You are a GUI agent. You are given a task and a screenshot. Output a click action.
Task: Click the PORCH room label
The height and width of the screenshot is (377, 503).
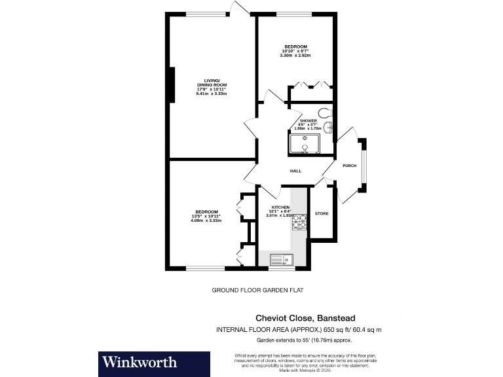tap(349, 166)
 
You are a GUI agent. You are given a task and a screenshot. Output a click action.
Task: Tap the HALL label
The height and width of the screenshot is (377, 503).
tap(295, 171)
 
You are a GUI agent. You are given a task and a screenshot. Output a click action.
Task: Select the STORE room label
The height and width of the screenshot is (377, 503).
tap(322, 214)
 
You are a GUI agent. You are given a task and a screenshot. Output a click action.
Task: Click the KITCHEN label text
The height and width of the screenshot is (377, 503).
tap(280, 207)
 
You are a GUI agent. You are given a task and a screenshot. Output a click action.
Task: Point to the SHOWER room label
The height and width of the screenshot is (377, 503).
tap(308, 121)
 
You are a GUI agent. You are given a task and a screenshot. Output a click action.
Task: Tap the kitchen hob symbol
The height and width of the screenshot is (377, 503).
tap(299, 223)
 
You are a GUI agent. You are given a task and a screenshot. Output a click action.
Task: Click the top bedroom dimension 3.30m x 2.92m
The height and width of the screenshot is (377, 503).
tap(295, 55)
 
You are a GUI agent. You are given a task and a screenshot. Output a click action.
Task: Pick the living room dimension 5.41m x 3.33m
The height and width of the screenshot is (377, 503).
tap(211, 94)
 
